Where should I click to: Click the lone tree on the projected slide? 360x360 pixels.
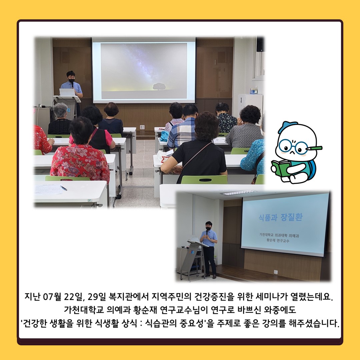159,87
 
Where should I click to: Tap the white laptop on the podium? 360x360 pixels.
67,92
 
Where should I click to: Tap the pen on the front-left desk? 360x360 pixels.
63,188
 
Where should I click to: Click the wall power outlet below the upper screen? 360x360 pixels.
142,127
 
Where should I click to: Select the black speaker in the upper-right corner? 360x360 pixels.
260,44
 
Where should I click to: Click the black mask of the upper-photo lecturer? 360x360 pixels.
71,81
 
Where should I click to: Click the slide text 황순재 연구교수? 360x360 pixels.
278,241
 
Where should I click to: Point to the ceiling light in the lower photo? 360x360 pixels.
238,193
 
